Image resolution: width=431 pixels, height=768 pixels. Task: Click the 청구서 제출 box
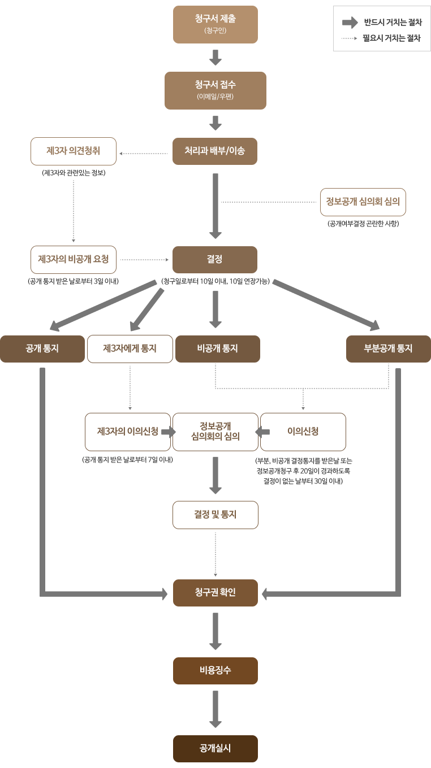click(215, 24)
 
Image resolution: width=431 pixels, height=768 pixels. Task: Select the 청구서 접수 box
click(215, 90)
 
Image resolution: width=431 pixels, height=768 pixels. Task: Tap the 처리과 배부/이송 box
click(215, 151)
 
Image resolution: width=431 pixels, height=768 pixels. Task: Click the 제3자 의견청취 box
click(74, 151)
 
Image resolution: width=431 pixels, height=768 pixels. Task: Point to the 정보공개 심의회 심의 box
click(363, 202)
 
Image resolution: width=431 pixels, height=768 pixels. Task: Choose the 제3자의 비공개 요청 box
click(74, 260)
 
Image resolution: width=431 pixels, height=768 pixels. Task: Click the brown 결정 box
click(215, 260)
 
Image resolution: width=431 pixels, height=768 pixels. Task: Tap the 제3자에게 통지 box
click(130, 349)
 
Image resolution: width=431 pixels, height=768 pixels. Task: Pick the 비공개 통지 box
click(218, 349)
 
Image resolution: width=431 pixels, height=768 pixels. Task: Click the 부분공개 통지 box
click(389, 349)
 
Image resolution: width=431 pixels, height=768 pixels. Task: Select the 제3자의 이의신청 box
click(128, 432)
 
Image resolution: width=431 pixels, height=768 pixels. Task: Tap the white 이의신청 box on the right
click(303, 432)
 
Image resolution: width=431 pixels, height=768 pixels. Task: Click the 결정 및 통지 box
click(215, 515)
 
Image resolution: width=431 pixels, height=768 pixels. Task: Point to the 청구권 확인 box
click(215, 593)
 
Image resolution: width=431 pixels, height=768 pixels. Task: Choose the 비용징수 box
click(215, 671)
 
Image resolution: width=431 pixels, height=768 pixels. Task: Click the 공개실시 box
click(215, 749)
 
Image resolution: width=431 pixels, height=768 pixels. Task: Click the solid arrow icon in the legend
click(350, 23)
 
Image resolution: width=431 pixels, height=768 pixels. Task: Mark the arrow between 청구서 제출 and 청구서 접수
click(215, 57)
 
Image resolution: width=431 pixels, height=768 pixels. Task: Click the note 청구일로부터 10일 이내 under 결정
click(215, 281)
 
